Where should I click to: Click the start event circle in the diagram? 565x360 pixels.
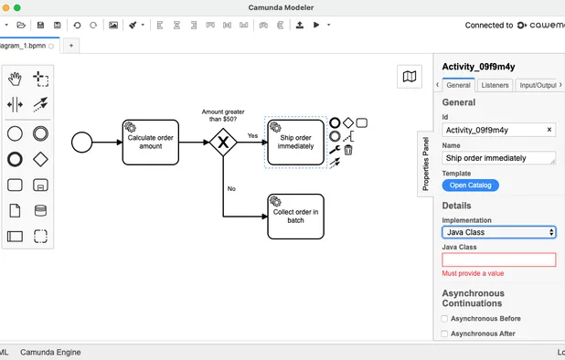[x=82, y=142]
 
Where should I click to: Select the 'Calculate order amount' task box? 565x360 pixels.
[x=151, y=142]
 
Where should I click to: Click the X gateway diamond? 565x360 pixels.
[x=222, y=142]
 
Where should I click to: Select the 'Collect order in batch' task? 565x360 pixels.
[x=295, y=216]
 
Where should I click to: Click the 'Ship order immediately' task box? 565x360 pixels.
[x=295, y=142]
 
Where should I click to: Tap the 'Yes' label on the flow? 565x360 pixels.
[x=252, y=135]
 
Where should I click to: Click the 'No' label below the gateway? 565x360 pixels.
[x=231, y=188]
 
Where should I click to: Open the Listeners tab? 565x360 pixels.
[x=495, y=85]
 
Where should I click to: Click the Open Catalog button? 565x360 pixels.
[x=471, y=185]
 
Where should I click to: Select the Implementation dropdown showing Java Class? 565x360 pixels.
[x=499, y=232]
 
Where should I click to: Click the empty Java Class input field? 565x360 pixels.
[x=499, y=259]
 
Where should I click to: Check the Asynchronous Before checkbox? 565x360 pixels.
[x=445, y=319]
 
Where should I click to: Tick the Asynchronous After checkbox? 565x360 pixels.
[x=445, y=334]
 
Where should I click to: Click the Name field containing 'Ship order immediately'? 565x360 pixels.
[x=499, y=157]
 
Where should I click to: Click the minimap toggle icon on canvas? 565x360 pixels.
[x=410, y=77]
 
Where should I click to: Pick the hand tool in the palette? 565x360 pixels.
[x=16, y=79]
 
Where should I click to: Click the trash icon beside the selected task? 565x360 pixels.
[x=348, y=150]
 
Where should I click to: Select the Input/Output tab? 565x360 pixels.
[x=538, y=85]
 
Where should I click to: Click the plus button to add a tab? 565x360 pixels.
[x=71, y=44]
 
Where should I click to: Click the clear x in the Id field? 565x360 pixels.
[x=549, y=130]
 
